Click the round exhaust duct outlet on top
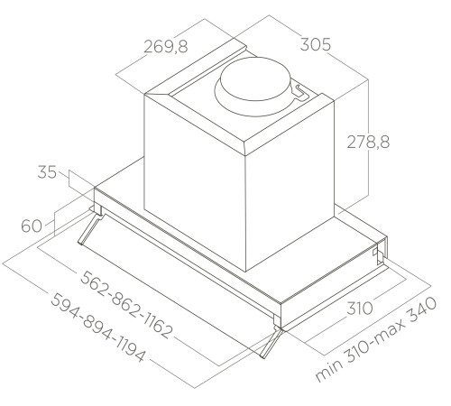tap(253, 81)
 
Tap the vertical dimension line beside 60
tap(56, 226)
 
